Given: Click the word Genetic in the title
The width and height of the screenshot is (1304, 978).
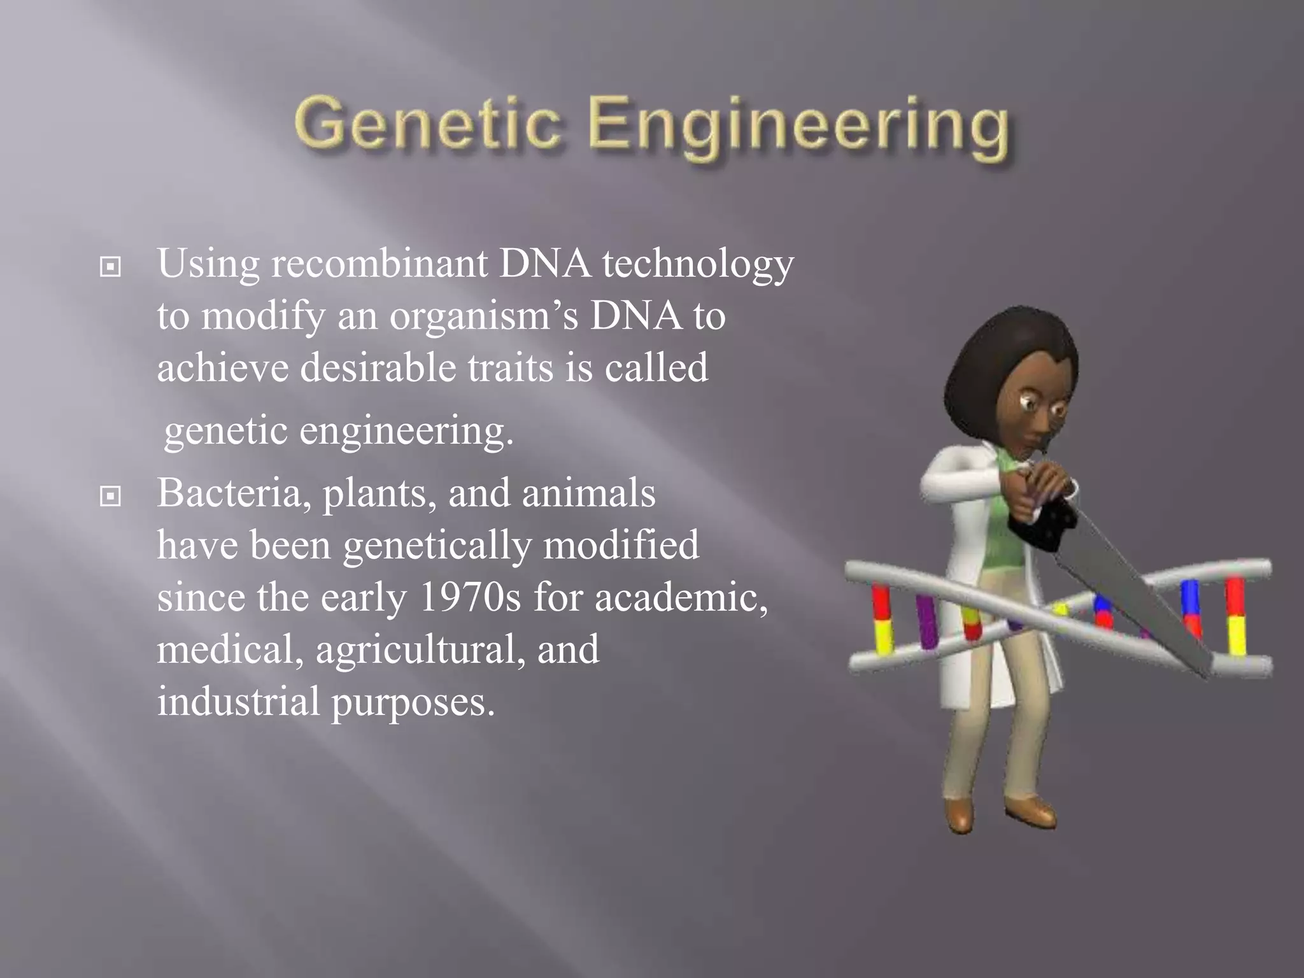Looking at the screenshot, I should point(428,124).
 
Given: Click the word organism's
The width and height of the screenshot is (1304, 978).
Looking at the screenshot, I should point(484,317).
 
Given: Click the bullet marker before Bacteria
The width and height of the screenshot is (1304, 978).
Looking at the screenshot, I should point(110,496).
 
